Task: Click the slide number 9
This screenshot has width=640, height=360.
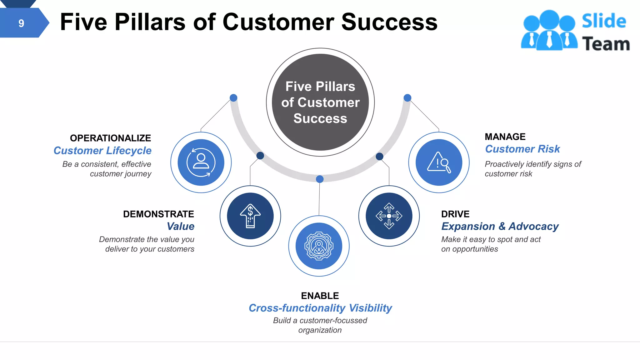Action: pyautogui.click(x=21, y=23)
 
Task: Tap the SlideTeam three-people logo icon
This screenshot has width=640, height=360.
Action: pyautogui.click(x=549, y=31)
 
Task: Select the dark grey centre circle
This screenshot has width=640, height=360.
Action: pyautogui.click(x=320, y=102)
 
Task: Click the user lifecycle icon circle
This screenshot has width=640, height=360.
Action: pyautogui.click(x=201, y=162)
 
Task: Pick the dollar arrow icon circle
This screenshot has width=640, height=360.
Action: pyautogui.click(x=250, y=216)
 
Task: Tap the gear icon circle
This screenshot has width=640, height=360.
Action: pyautogui.click(x=319, y=246)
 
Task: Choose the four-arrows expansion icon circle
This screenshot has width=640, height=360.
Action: pyautogui.click(x=389, y=216)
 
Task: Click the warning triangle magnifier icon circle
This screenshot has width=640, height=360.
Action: pyautogui.click(x=439, y=162)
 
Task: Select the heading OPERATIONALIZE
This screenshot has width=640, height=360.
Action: pyautogui.click(x=110, y=138)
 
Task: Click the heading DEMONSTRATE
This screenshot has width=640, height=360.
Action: pyautogui.click(x=158, y=214)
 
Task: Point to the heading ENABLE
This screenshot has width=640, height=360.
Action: pyautogui.click(x=320, y=296)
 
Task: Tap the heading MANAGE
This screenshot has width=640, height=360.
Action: pyautogui.click(x=505, y=137)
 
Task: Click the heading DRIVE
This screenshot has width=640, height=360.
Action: pyautogui.click(x=455, y=214)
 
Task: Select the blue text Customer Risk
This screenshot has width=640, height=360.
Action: pyautogui.click(x=522, y=149)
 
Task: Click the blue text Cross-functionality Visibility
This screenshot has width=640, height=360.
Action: pyautogui.click(x=320, y=308)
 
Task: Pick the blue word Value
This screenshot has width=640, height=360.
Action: pyautogui.click(x=181, y=226)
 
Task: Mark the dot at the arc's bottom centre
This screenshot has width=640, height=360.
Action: pyautogui.click(x=320, y=179)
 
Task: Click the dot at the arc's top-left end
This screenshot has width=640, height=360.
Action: pyautogui.click(x=233, y=98)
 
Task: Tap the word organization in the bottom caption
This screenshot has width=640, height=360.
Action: pyautogui.click(x=320, y=330)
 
